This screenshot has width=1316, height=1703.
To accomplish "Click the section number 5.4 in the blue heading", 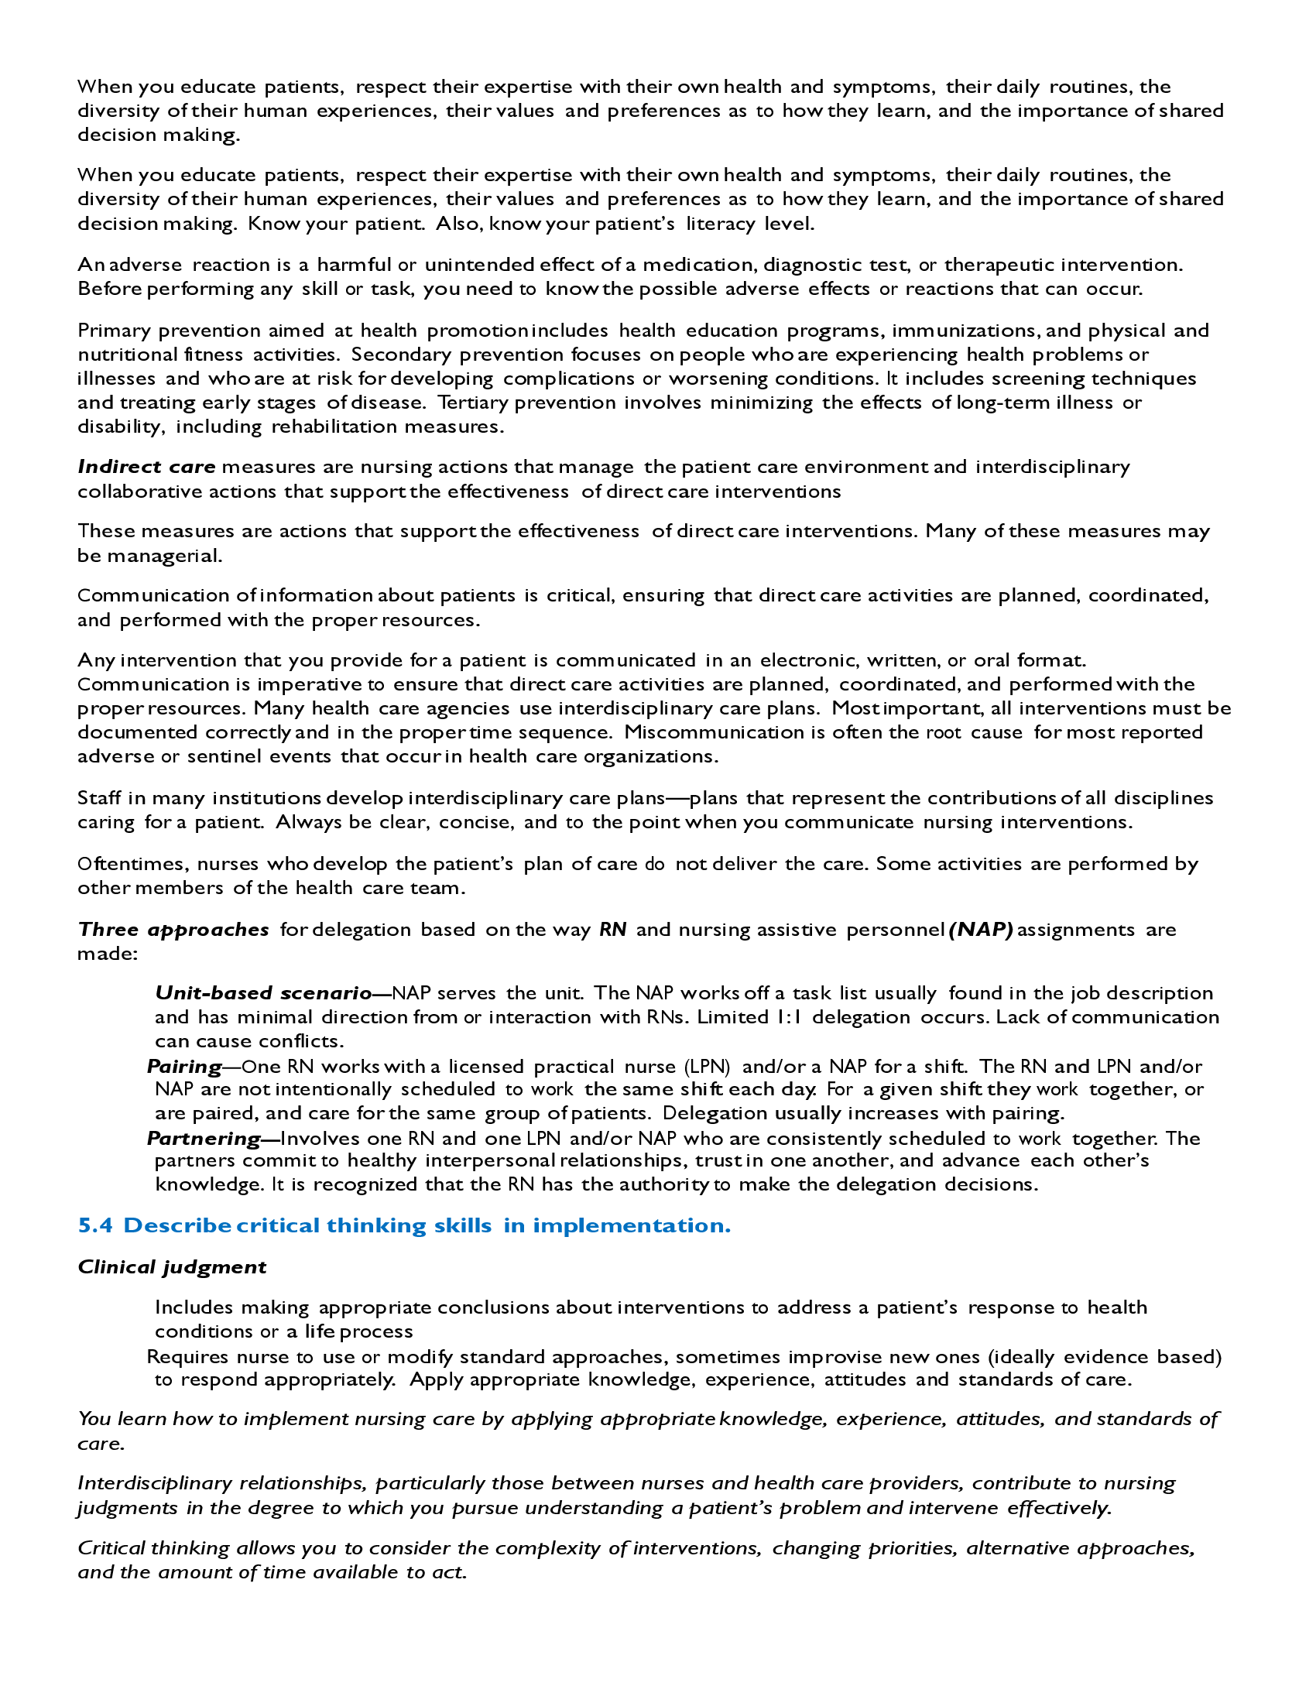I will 95,1226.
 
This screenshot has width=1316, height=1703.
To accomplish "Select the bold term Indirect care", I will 146,467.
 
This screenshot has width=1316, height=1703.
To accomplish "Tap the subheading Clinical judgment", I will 172,1267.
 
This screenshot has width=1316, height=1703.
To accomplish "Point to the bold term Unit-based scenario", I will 263,992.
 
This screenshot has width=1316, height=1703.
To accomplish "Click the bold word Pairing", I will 184,1066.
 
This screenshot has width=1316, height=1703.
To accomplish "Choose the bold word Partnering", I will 204,1139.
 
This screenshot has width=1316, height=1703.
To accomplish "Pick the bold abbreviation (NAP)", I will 981,930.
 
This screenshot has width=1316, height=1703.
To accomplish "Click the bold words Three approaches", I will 173,930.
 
